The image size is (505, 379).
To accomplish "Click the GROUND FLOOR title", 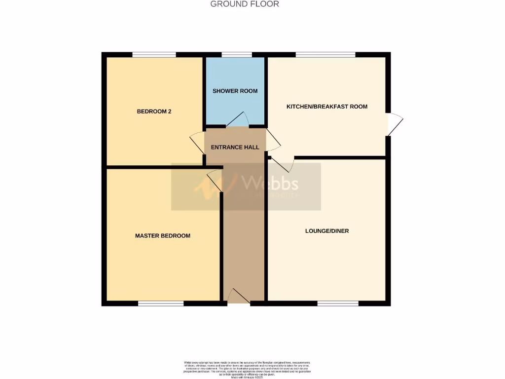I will click(x=245, y=4).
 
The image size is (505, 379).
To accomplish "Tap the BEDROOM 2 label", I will click(x=154, y=112).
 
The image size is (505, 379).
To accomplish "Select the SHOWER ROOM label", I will click(x=235, y=91).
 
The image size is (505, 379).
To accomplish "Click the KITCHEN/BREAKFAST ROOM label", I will click(x=327, y=107).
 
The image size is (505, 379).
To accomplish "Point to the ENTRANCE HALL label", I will click(x=235, y=147).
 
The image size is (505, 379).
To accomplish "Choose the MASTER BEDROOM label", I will click(x=162, y=236).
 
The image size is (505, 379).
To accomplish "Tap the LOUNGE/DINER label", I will click(x=327, y=231).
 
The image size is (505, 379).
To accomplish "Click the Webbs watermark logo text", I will click(x=270, y=184).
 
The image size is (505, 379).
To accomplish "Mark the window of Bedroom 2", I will click(x=154, y=55).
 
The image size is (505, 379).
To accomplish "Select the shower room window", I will click(x=236, y=55).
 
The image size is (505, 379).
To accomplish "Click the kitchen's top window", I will click(x=325, y=55).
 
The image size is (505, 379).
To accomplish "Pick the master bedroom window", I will click(x=161, y=303).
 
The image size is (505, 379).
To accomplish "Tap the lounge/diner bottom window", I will click(x=338, y=303).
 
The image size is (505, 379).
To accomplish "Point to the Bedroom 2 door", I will click(x=197, y=143).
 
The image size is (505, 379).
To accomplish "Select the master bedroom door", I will click(x=215, y=180).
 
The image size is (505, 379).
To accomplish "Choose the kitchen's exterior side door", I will click(x=395, y=124).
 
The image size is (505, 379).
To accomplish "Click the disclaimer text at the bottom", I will click(x=245, y=369).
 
